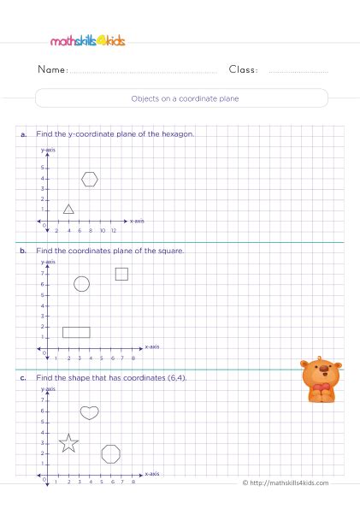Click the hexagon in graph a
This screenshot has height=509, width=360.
tap(90, 179)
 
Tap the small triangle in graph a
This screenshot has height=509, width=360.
tap(68, 209)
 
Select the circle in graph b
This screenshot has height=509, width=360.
tap(81, 284)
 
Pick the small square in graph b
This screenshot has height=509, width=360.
tap(121, 274)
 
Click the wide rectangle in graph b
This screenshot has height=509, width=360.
tap(76, 332)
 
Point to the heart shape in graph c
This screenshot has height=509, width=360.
tap(89, 412)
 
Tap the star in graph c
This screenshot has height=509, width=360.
tap(68, 443)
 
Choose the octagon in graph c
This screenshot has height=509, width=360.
tap(110, 453)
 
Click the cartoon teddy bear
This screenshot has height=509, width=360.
tap(321, 380)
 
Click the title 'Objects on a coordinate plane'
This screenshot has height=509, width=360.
tap(180, 98)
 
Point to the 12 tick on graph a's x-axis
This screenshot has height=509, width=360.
tap(113, 230)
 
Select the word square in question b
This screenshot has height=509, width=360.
tap(172, 251)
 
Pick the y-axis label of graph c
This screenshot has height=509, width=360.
tap(48, 388)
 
